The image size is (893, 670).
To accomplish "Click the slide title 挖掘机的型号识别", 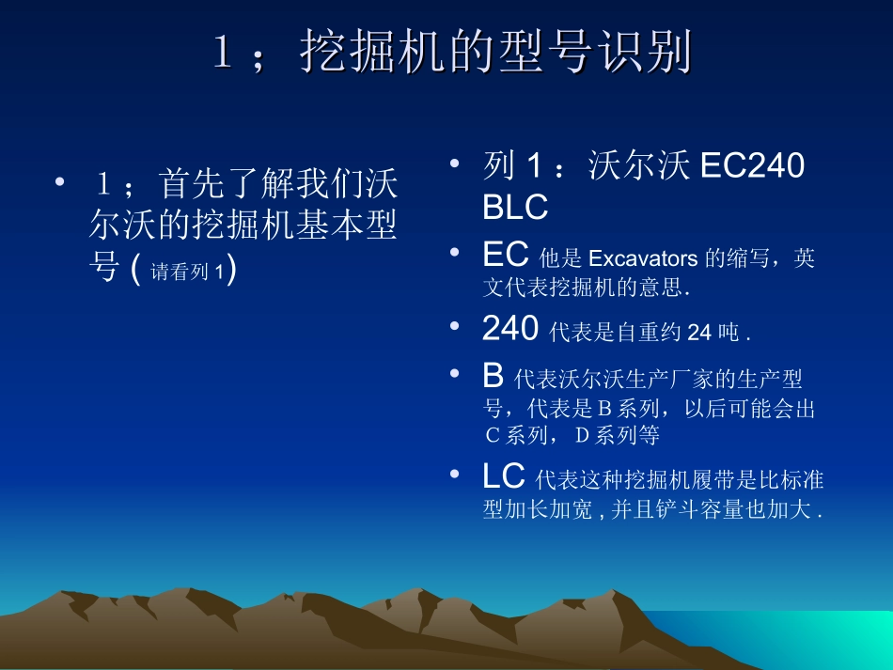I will click(495, 53).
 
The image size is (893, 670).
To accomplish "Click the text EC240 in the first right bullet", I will click(752, 166).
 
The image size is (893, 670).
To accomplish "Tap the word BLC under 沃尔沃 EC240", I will click(515, 208).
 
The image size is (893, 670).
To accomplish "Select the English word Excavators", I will click(643, 259).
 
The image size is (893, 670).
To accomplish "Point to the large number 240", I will click(510, 328).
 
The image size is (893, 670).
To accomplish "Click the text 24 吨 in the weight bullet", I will click(713, 332).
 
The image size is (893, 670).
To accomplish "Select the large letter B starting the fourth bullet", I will click(493, 376).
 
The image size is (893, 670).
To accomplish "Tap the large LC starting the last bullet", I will click(504, 477).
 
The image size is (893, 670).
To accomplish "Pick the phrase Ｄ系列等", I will click(617, 435).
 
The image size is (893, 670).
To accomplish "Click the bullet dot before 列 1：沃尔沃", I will click(455, 164).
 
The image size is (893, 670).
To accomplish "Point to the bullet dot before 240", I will click(455, 325).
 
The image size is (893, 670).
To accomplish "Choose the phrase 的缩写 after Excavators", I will click(741, 259).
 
